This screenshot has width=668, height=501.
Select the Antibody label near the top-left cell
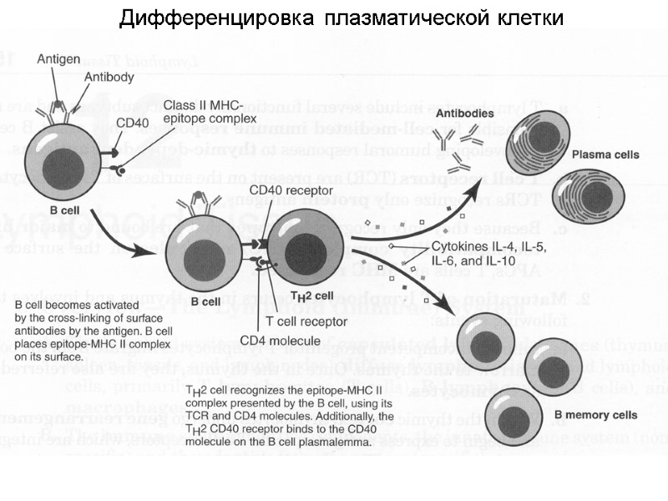(107, 76)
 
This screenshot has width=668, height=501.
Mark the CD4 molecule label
(280, 340)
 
